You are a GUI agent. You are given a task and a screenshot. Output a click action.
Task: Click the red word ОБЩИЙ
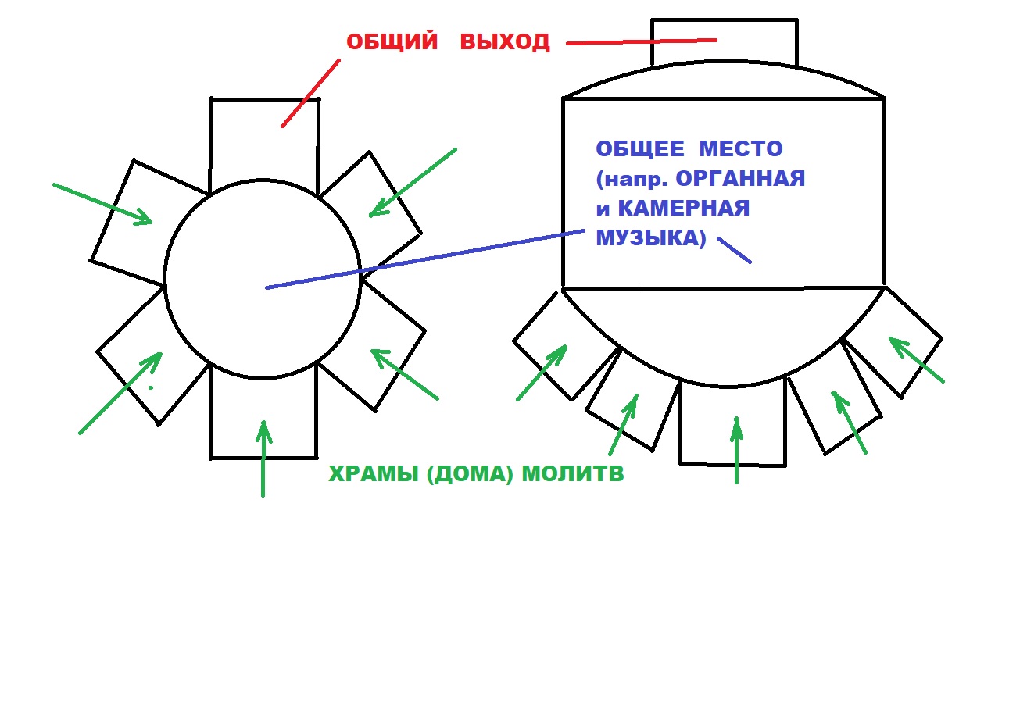coord(392,41)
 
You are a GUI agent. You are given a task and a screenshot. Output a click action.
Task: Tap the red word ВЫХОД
coord(505,41)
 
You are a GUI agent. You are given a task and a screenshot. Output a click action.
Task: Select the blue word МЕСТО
coord(740,148)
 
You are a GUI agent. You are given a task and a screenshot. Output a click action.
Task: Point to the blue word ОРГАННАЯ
coord(740,178)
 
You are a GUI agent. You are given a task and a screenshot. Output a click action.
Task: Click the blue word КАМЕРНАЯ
coord(684,208)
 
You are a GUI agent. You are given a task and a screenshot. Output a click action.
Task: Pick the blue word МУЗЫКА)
coord(651,238)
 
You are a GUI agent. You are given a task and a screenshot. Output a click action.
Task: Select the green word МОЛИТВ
coord(573,473)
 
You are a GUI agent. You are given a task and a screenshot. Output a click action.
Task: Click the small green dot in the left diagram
coord(151,387)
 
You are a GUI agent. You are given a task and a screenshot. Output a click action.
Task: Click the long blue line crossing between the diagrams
coord(425,259)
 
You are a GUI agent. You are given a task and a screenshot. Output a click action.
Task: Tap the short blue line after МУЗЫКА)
coord(734,250)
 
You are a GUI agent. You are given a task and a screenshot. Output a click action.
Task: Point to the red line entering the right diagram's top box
coord(642,41)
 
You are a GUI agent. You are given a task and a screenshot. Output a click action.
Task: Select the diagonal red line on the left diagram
coord(310,93)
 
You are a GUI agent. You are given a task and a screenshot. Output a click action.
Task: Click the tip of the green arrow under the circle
coord(263,421)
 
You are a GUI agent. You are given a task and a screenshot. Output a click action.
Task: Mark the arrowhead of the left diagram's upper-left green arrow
coord(152,222)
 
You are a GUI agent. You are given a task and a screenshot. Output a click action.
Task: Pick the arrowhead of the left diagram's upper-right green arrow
coord(370,215)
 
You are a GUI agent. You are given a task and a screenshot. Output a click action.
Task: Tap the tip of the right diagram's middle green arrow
coord(736,417)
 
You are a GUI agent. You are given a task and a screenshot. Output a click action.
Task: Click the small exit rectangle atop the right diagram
coord(725,42)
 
